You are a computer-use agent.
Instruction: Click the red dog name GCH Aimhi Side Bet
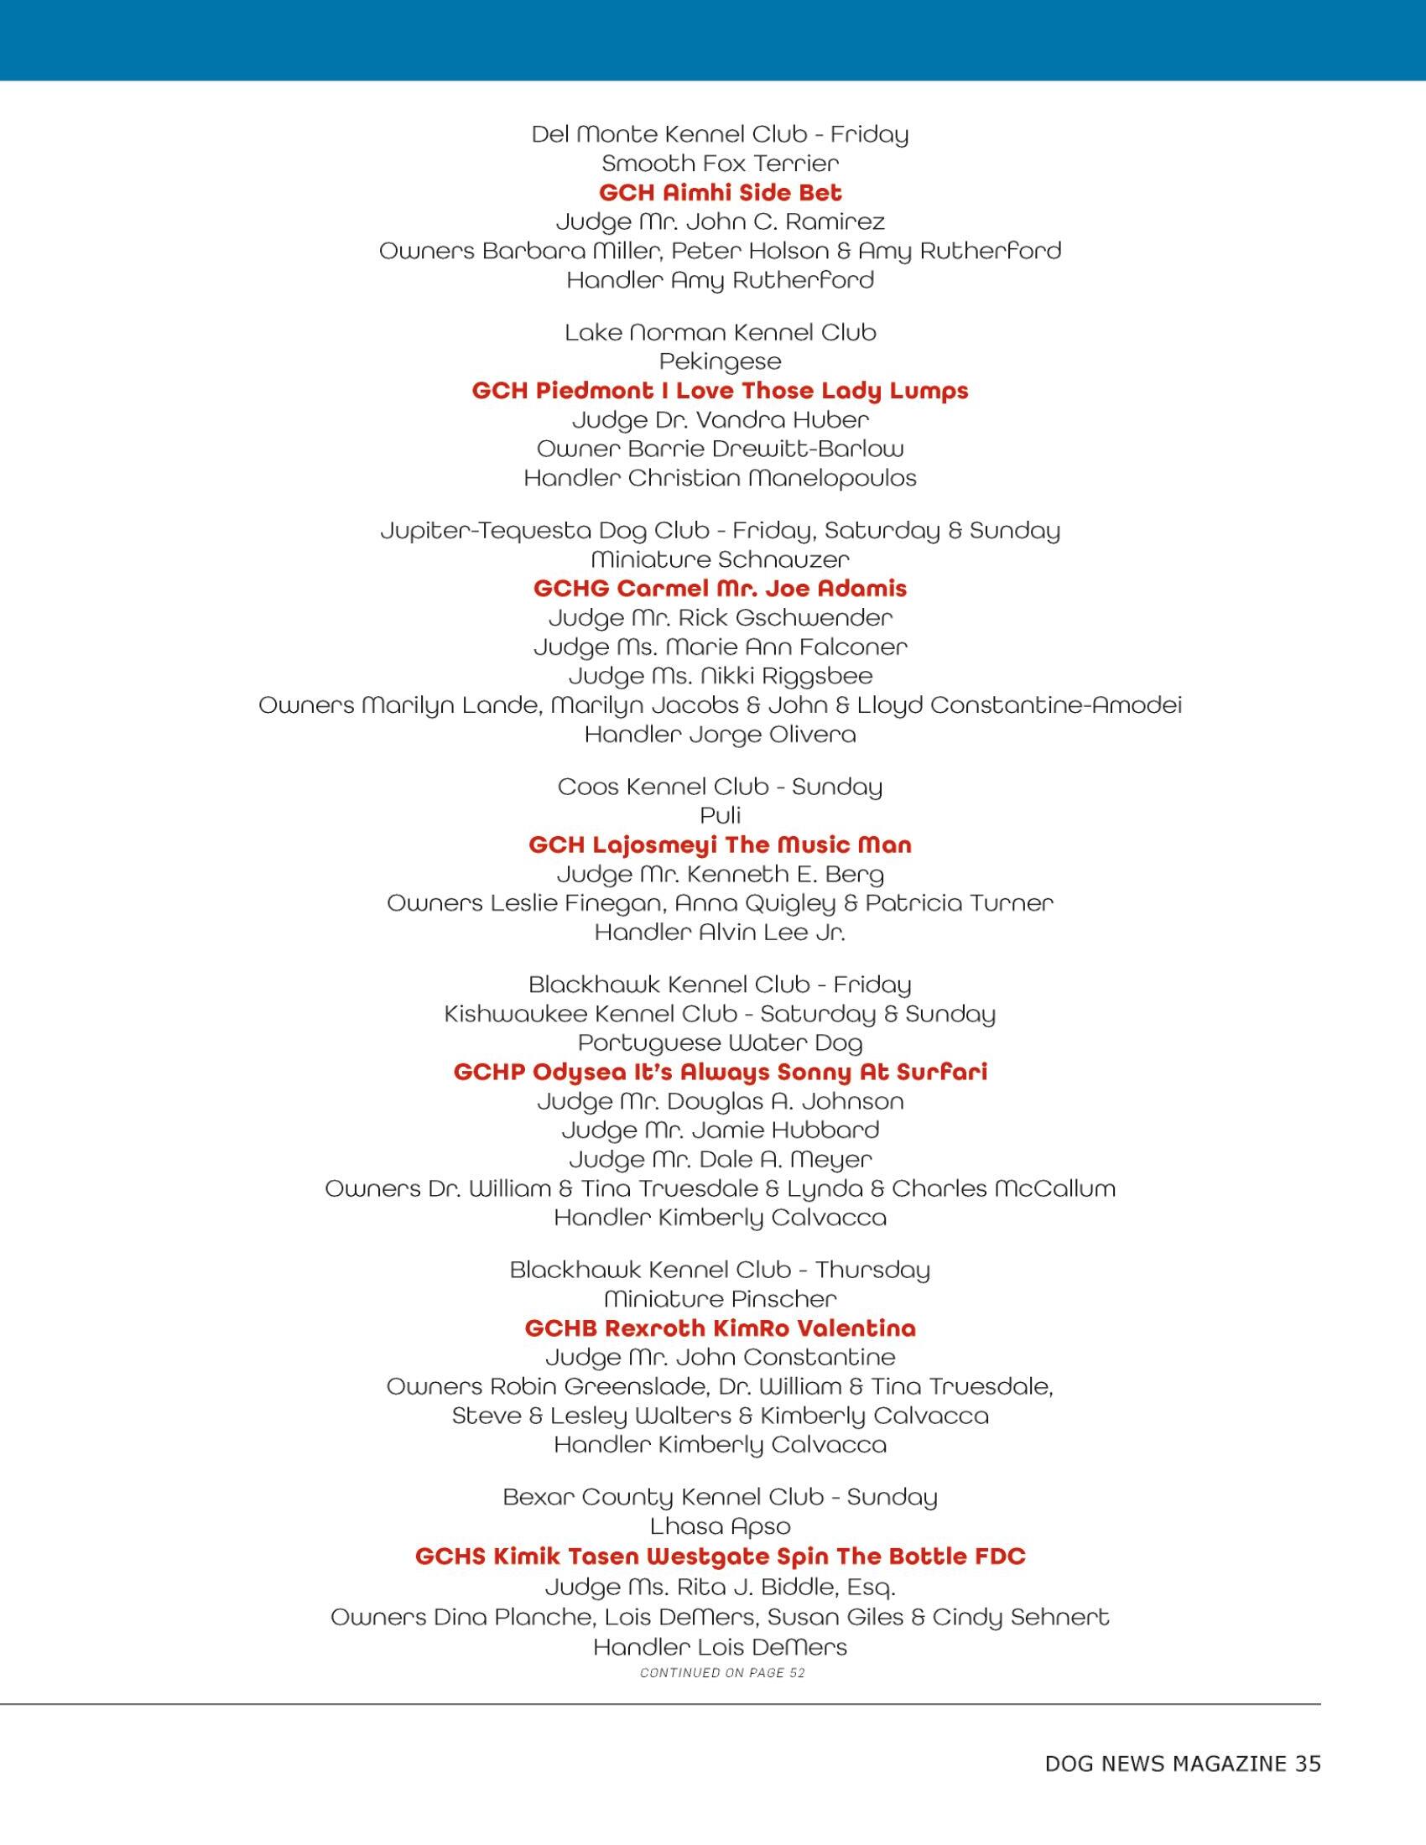(x=720, y=194)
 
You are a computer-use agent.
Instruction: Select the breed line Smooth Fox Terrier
(x=720, y=163)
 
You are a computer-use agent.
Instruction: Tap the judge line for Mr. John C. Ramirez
(x=720, y=222)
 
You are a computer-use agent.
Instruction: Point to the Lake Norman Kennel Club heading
(x=720, y=333)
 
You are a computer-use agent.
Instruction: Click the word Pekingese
(x=720, y=362)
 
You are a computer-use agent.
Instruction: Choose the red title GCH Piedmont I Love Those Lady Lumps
(x=720, y=391)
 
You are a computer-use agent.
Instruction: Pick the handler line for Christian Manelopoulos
(x=720, y=479)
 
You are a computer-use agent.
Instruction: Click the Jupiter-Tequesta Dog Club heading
(x=720, y=531)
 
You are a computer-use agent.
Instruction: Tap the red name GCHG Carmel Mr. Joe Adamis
(x=720, y=589)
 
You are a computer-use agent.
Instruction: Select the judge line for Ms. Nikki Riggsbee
(x=720, y=677)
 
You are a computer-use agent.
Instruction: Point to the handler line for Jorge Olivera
(x=720, y=735)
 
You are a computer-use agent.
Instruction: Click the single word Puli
(x=720, y=816)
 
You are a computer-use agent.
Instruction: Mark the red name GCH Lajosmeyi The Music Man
(x=720, y=845)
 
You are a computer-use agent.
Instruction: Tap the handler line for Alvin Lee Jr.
(x=720, y=933)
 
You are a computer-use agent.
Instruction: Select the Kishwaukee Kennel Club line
(x=720, y=1014)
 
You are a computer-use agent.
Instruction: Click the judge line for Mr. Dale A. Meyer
(x=720, y=1160)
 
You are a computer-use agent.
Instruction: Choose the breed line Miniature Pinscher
(x=720, y=1299)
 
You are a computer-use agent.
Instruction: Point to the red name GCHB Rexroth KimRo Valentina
(x=720, y=1329)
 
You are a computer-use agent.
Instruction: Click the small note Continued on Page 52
(x=722, y=1673)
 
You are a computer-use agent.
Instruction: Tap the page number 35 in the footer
(x=1307, y=1763)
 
